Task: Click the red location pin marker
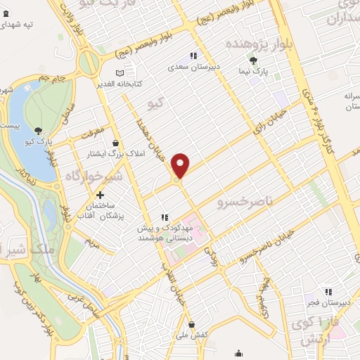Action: (181, 166)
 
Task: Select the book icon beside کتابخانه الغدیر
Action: (119, 72)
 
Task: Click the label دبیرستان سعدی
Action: (192, 68)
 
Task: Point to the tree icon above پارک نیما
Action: (252, 61)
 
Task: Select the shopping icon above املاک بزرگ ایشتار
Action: (115, 143)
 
